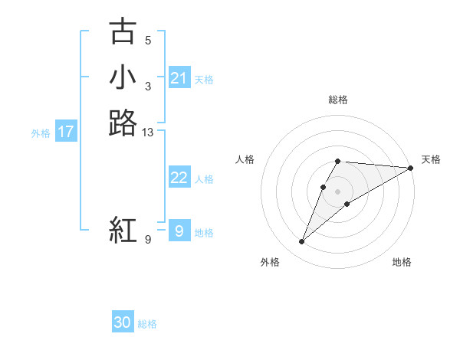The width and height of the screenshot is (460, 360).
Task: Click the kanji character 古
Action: click(123, 32)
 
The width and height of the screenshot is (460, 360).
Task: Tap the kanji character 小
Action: click(123, 77)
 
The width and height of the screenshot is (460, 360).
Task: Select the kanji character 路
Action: click(123, 123)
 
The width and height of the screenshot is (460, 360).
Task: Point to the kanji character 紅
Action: click(123, 231)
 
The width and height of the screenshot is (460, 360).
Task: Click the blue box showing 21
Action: click(179, 78)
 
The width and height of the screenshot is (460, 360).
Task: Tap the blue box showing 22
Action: click(179, 178)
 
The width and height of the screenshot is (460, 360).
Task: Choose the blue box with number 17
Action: click(66, 132)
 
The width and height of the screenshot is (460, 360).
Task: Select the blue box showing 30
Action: click(123, 322)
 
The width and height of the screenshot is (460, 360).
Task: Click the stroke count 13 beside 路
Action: click(148, 133)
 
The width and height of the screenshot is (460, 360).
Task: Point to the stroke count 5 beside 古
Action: click(148, 41)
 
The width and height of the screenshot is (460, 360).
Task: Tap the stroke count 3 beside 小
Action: click(148, 87)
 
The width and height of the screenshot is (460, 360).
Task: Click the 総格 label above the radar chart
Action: click(338, 100)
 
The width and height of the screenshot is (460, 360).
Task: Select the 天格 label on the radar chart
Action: click(431, 159)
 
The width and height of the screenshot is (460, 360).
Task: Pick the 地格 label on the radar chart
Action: click(402, 262)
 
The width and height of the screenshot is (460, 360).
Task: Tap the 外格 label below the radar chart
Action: click(270, 262)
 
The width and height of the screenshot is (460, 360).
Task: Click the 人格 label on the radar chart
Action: click(245, 159)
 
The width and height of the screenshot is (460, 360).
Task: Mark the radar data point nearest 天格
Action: click(411, 168)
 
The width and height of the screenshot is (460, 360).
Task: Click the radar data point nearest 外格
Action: click(302, 242)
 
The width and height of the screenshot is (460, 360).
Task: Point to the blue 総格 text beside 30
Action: click(147, 324)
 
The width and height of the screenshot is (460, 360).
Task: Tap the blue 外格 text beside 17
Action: click(41, 133)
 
